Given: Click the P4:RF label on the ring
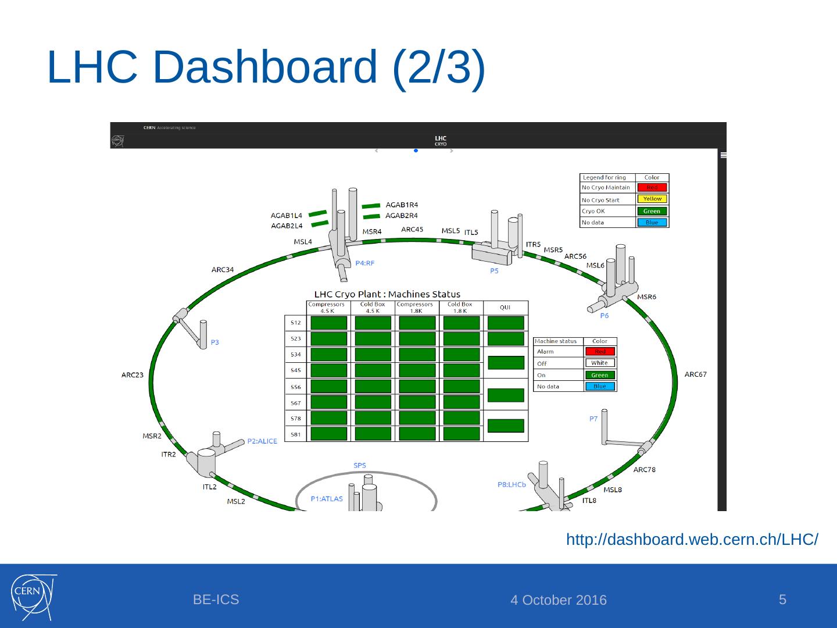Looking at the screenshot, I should point(365,263).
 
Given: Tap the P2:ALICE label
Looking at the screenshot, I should point(262,441).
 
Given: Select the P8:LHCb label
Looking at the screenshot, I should point(512,484).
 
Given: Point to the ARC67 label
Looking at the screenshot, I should point(695,374).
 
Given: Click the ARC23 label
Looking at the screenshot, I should point(133,375).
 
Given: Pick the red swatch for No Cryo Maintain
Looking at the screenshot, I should point(652,188).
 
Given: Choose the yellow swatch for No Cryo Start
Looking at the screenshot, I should point(652,199).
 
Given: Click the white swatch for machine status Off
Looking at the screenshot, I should point(599,363).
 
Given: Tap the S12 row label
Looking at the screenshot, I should point(296,323).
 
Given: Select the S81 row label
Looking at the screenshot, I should point(296,434).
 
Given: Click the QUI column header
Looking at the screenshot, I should point(505,307).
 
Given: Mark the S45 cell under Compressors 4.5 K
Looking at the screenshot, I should point(329,370).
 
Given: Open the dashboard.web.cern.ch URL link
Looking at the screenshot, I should point(692,540).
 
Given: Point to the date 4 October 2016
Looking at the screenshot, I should point(558,600).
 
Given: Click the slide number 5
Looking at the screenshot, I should point(782,599).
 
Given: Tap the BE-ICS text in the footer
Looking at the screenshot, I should point(216,600).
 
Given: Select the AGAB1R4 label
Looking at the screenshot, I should point(402,205).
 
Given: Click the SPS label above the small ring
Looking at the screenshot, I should point(360,465).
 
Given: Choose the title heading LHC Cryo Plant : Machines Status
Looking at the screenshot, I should point(387,294).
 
